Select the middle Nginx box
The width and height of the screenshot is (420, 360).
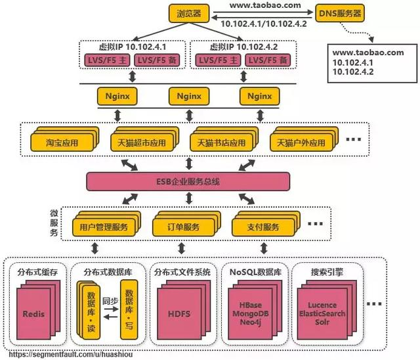pos(189,97)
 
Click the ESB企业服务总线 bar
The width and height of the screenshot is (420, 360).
pos(189,179)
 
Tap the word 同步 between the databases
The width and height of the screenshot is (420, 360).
pos(109,299)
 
